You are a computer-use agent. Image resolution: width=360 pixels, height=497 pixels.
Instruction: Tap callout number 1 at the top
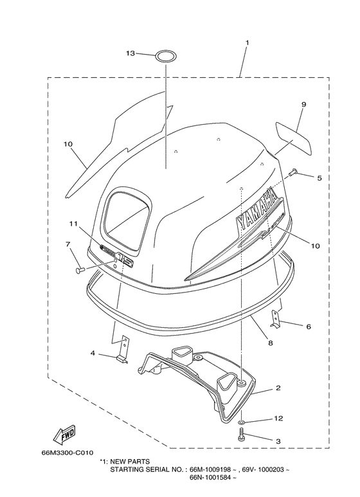pos(248,42)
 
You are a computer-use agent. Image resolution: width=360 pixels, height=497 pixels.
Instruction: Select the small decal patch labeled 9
pos(294,138)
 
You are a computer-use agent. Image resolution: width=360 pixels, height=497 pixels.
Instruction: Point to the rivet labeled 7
pos(80,270)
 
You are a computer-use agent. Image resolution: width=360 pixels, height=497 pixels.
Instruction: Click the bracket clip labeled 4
pos(122,349)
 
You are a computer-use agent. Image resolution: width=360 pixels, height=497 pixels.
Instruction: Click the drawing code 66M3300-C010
pos(67,453)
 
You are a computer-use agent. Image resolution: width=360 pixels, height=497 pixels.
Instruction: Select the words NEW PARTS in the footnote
pos(130,462)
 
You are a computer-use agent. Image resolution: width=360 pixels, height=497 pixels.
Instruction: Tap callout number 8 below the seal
pos(270,343)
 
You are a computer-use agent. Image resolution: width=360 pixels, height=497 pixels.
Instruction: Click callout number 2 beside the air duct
pos(278,388)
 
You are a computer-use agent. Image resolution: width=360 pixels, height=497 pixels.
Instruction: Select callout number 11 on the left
pos(73,224)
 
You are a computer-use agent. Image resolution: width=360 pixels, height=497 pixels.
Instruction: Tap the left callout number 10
pos(67,144)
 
